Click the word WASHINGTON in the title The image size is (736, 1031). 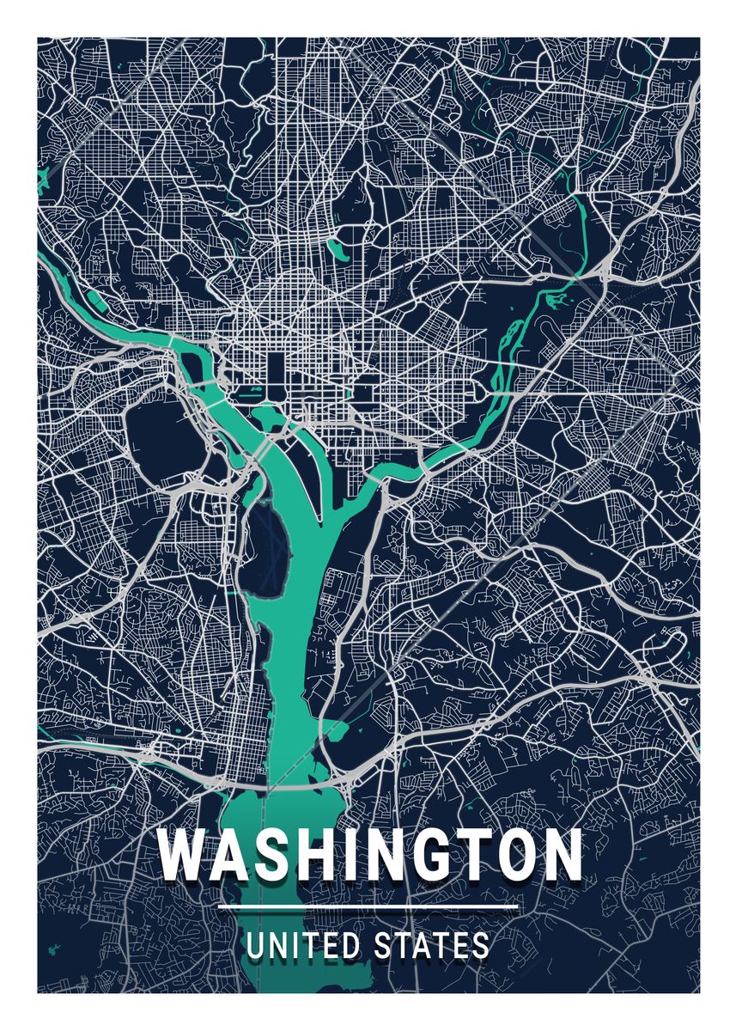pyautogui.click(x=369, y=855)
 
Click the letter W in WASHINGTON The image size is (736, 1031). pyautogui.click(x=183, y=855)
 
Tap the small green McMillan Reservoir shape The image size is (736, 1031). pyautogui.click(x=338, y=250)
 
